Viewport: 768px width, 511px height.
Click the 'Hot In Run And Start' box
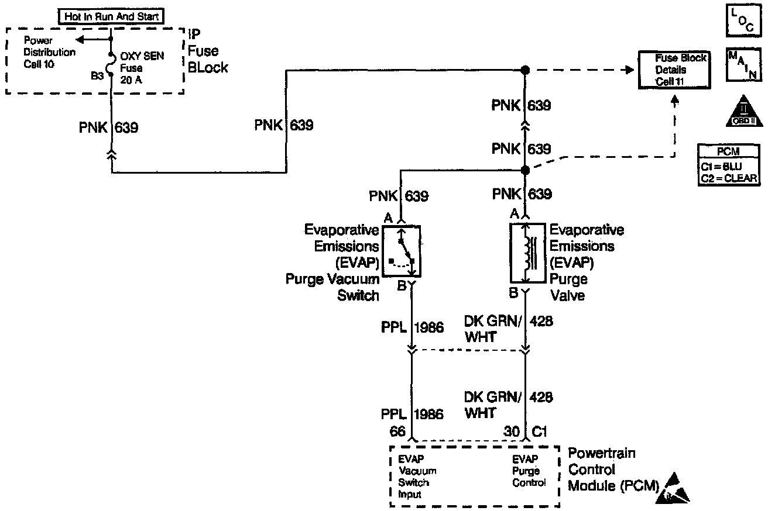point(110,17)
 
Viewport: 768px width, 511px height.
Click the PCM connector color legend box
point(728,165)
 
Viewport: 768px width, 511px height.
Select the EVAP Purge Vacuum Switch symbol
point(402,251)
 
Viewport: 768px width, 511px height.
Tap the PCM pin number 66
point(398,431)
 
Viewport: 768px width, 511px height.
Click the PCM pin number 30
point(512,431)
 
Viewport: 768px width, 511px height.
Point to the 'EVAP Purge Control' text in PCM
point(529,471)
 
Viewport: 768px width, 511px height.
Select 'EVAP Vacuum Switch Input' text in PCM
point(417,477)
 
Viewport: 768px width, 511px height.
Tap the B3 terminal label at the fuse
point(97,75)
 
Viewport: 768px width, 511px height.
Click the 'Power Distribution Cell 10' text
point(49,52)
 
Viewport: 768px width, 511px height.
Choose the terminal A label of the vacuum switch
point(388,217)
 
